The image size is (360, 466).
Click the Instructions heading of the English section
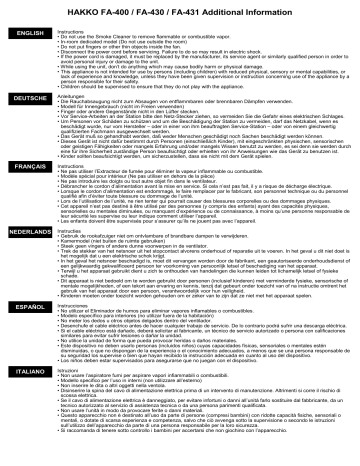(72, 31)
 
